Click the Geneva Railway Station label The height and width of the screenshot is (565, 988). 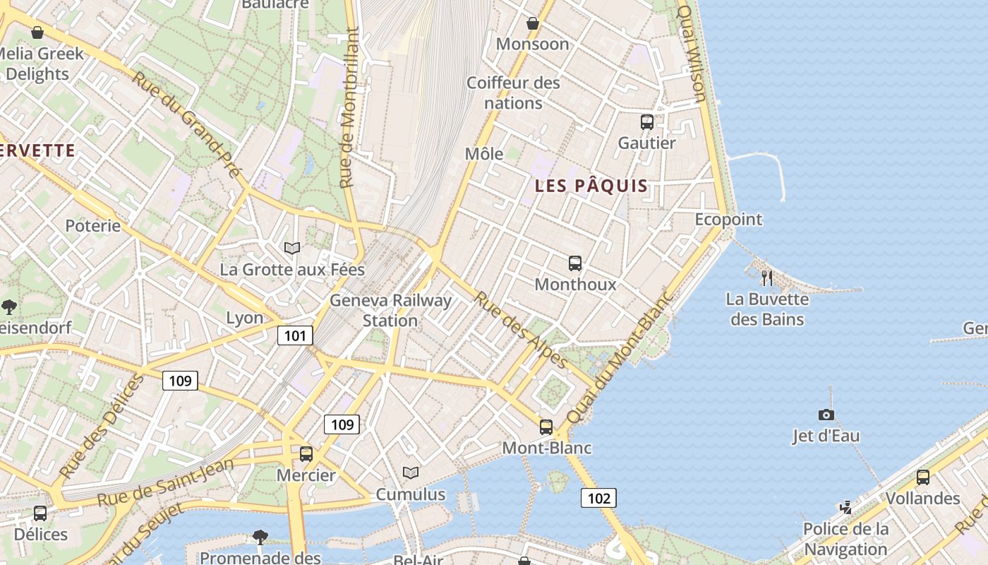390,311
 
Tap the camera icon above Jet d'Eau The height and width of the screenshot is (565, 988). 826,415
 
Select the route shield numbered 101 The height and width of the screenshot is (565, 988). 295,335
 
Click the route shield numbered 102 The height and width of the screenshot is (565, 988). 598,498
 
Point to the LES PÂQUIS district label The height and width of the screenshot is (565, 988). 591,186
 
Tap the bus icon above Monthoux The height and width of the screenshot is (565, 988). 575,263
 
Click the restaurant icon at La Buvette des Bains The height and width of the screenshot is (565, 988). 767,278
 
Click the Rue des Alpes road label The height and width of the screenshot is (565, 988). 521,330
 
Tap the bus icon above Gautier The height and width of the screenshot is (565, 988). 646,121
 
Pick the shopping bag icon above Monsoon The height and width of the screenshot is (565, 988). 533,23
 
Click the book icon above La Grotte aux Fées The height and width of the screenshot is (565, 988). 292,248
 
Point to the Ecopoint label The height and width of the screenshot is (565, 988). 728,219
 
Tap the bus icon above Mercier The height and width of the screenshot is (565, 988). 306,454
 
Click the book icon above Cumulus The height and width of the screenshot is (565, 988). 410,472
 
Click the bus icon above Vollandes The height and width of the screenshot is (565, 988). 922,477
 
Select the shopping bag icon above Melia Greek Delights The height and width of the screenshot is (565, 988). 37,32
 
